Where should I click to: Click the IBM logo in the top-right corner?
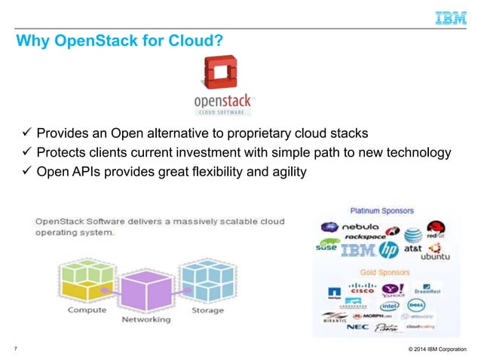click(x=451, y=18)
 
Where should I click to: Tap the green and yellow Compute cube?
click(x=87, y=279)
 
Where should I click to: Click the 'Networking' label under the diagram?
click(x=146, y=319)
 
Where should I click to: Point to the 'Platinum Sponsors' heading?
click(x=380, y=211)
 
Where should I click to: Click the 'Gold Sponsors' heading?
click(x=384, y=272)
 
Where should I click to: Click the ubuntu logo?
click(x=434, y=256)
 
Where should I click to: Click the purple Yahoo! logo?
click(x=393, y=289)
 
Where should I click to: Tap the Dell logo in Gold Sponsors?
click(x=415, y=306)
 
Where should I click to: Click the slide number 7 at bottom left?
click(x=17, y=347)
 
